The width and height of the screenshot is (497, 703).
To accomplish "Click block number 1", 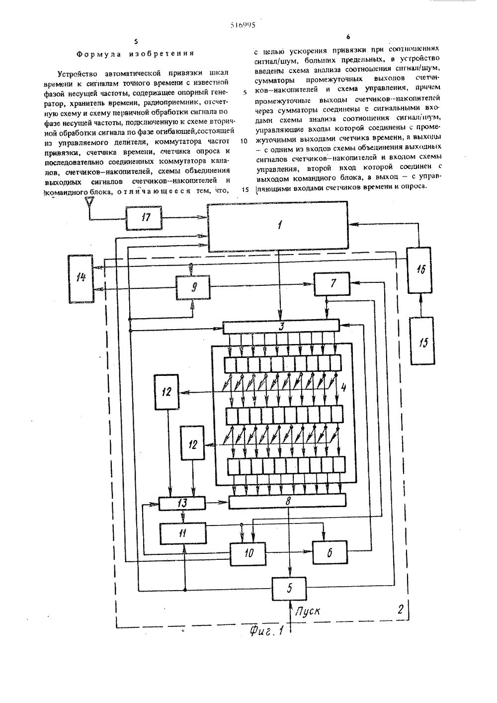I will click(278, 226).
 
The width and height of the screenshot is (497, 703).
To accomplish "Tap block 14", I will click(81, 277).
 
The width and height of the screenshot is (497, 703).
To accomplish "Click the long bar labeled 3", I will click(281, 327).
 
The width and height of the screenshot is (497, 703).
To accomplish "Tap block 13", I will click(182, 503).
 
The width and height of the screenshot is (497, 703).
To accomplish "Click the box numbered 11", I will click(182, 532).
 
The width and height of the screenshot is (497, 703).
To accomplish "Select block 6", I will click(330, 552).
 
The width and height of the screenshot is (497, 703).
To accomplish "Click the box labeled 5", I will click(289, 589).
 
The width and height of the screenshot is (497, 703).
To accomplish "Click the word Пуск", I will click(307, 611).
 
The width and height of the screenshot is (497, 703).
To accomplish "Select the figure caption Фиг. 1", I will click(266, 631).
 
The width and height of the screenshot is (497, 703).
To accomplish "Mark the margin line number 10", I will click(243, 141).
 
